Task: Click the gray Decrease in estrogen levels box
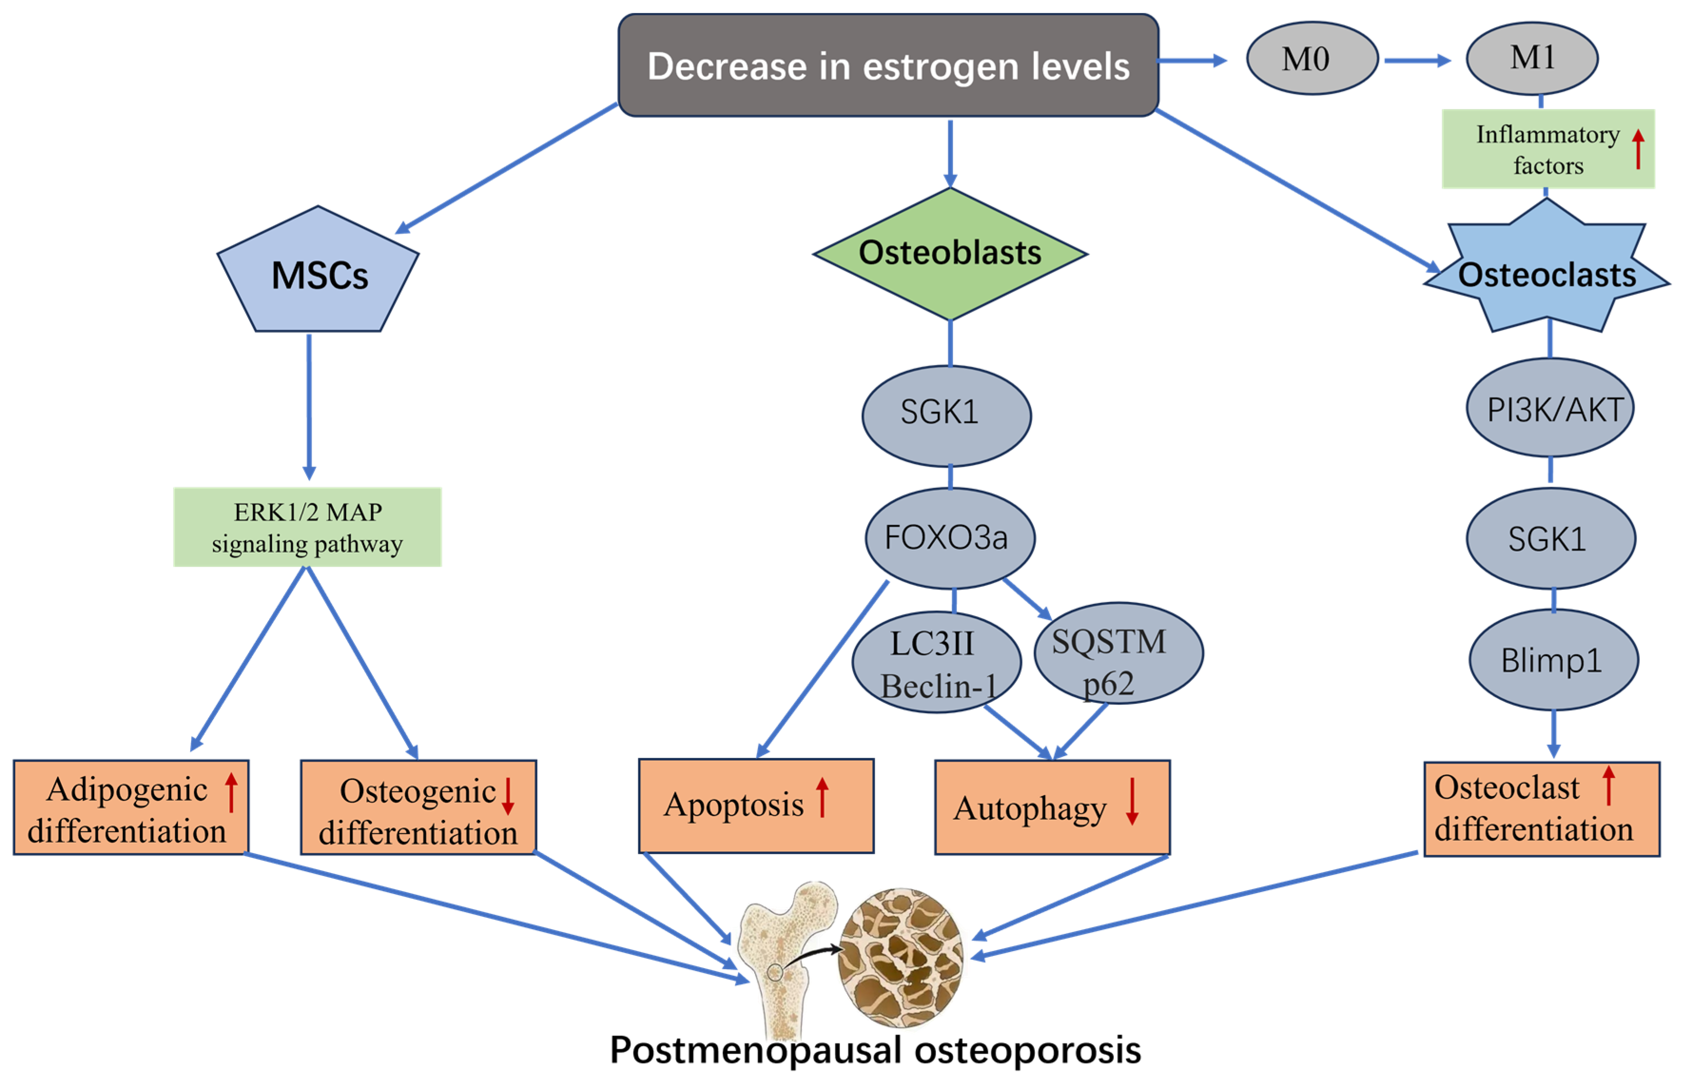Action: [887, 65]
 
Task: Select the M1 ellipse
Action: [1531, 58]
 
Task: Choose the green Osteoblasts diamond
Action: [950, 253]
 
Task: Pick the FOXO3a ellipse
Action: [950, 538]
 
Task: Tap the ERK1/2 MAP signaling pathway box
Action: [307, 527]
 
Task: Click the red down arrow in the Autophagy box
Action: [1132, 801]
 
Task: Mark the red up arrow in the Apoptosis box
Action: [822, 797]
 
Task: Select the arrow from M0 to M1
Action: [1416, 61]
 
